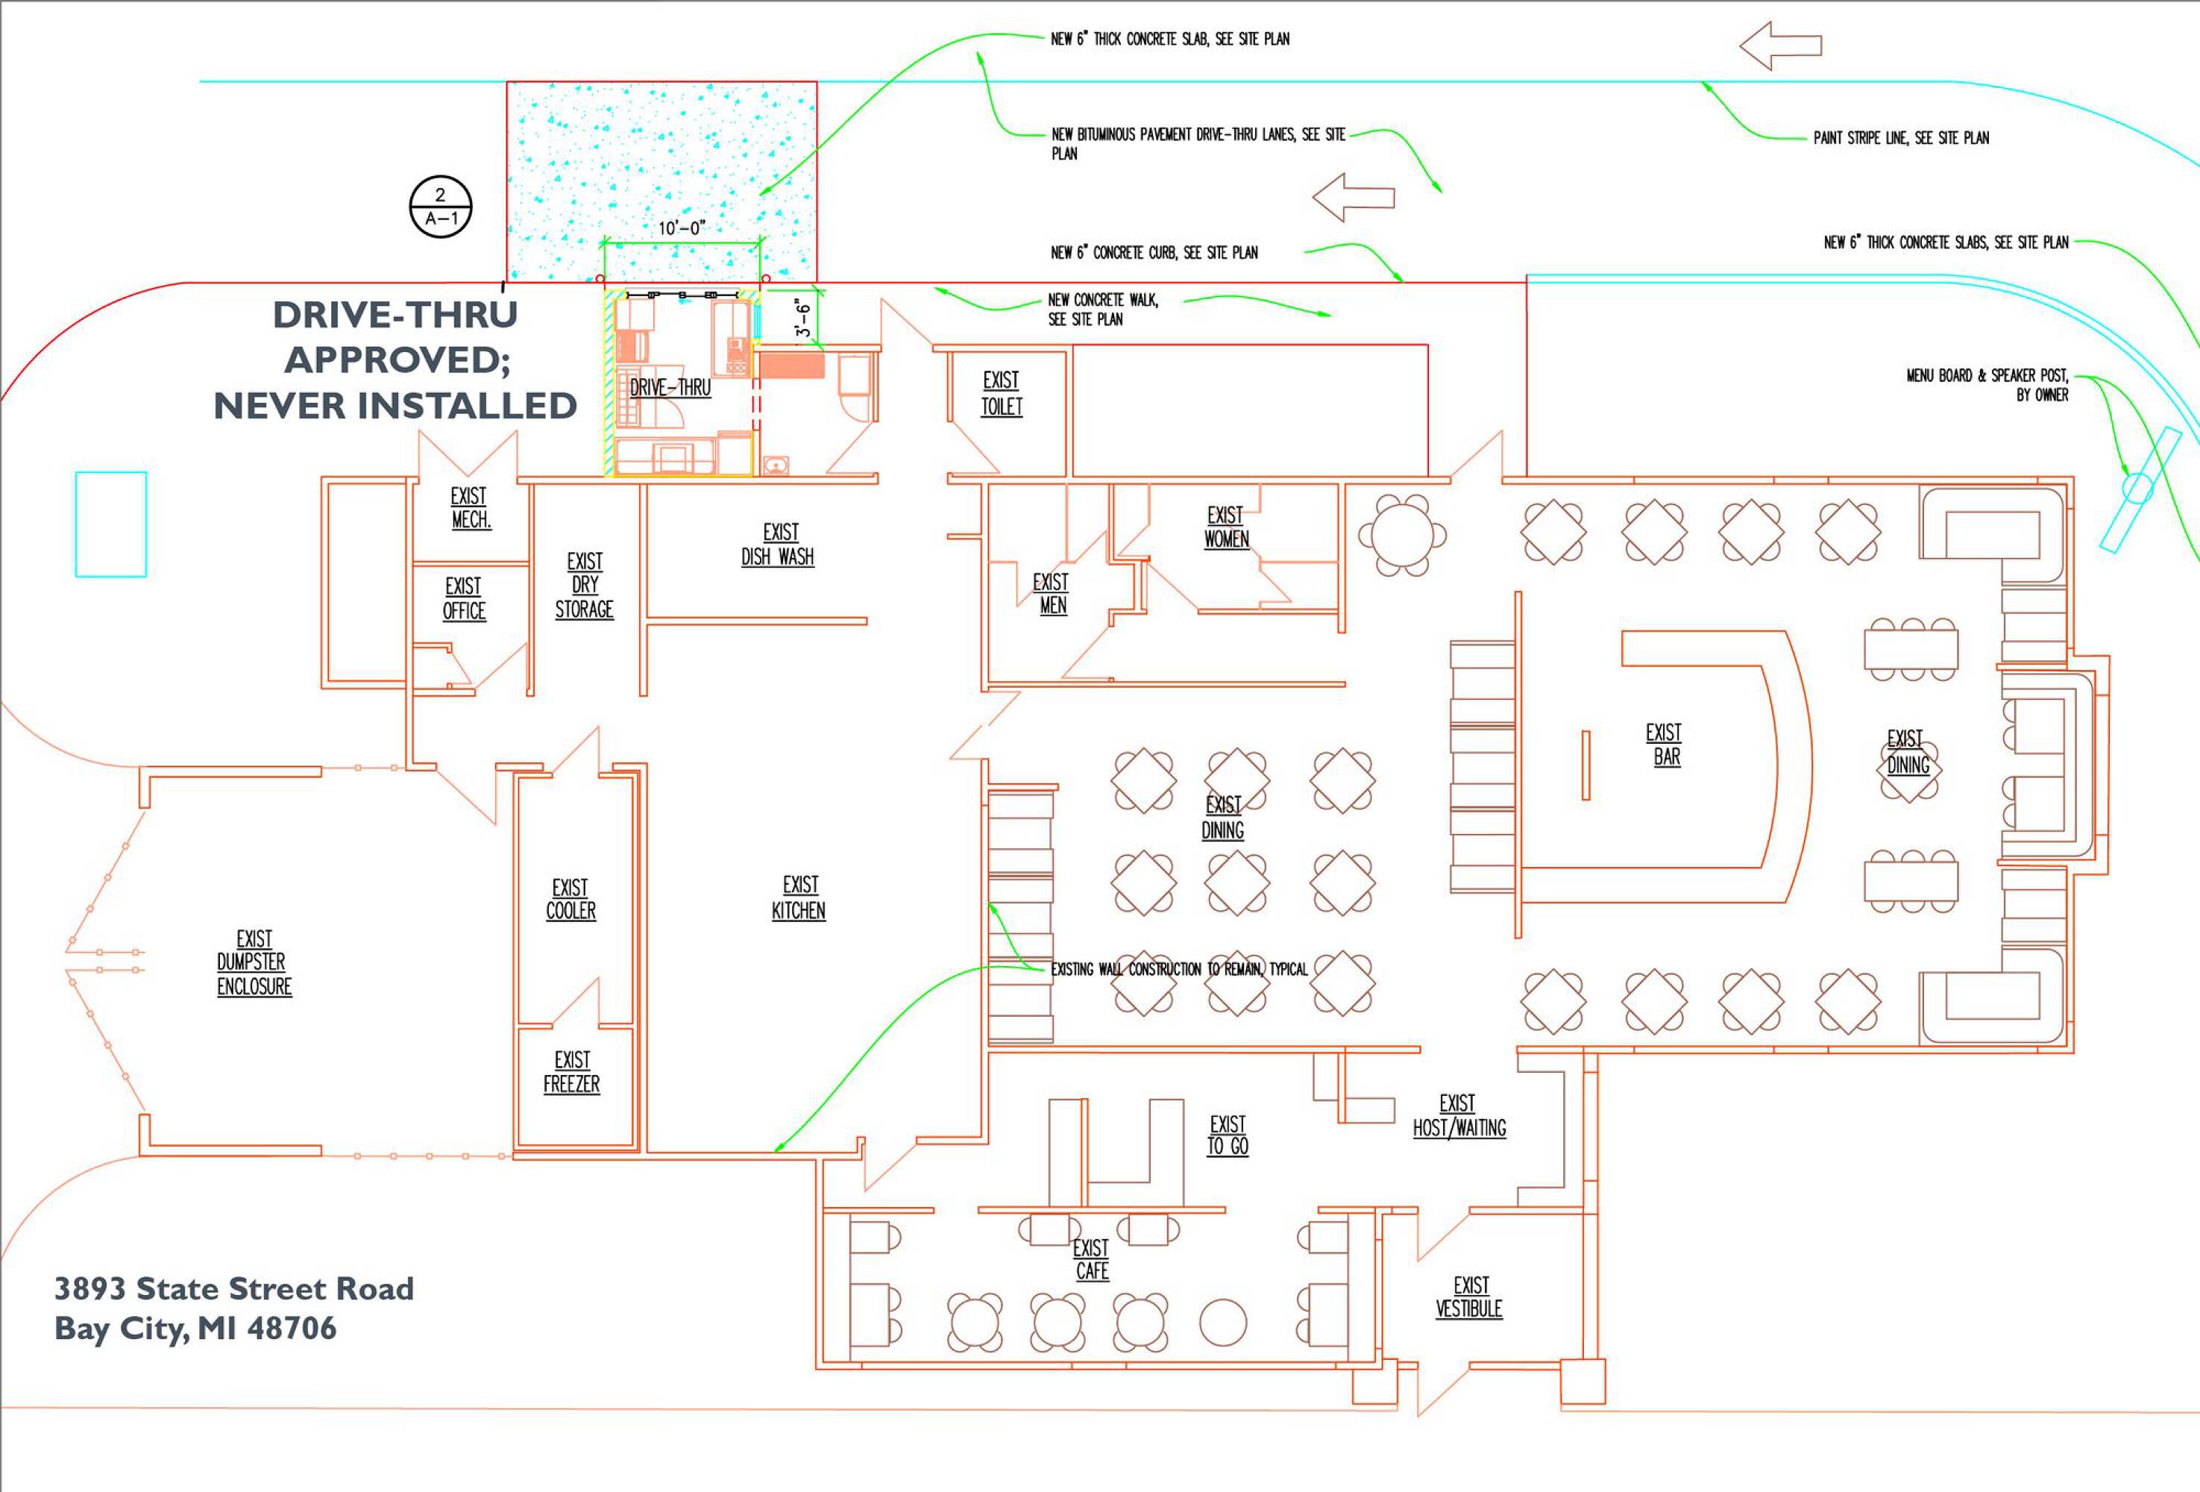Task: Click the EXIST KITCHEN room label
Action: tap(799, 897)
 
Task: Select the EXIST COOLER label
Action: tap(570, 900)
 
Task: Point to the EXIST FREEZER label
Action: tap(572, 1072)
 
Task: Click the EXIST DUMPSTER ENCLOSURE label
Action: tap(254, 962)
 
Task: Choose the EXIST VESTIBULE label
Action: tap(1469, 1297)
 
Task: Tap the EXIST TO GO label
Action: tap(1228, 1135)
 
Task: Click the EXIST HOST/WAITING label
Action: tap(1459, 1116)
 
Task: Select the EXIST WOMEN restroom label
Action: tap(1226, 527)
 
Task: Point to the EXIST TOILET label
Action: tap(1002, 393)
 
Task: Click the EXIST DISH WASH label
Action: tap(778, 545)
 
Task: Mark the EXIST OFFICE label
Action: tap(464, 598)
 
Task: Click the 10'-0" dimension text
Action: tap(682, 228)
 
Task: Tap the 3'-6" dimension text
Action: tap(802, 318)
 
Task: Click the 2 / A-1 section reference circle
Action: tap(440, 207)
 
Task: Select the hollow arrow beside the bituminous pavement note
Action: tap(1354, 197)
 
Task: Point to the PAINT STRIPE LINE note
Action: tap(1901, 138)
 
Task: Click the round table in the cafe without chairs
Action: tap(1222, 1323)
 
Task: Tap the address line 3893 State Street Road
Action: tap(234, 1288)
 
